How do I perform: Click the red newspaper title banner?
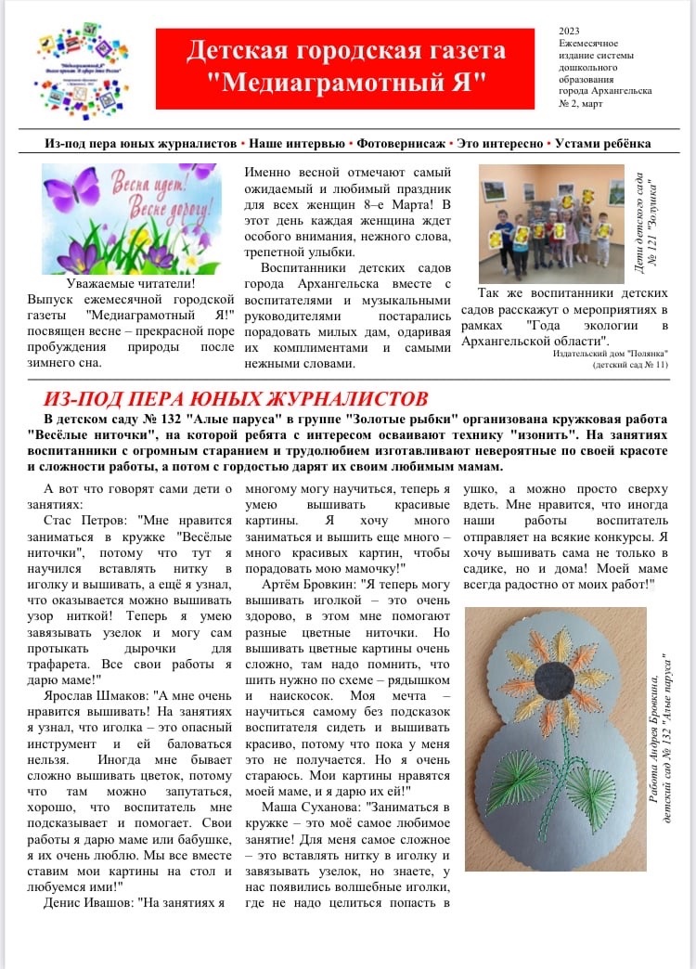[344, 68]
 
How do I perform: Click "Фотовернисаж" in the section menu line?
[396, 144]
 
